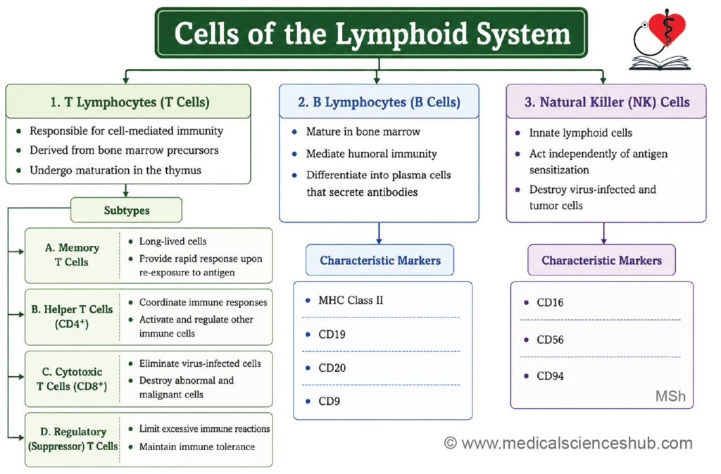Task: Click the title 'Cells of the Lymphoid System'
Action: coord(372,34)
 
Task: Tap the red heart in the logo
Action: coord(667,27)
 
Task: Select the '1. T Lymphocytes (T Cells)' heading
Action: coord(130,102)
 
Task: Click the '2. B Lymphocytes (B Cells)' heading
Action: coord(379,102)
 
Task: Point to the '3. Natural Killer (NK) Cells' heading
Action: coord(607,102)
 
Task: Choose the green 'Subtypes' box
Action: coord(127,210)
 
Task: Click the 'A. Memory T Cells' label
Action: coord(72,255)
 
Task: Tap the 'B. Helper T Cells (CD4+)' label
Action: coord(72,316)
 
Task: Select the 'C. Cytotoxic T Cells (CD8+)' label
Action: coord(72,379)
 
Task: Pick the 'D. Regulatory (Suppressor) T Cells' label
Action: coord(73,439)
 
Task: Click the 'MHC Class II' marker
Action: coord(351,300)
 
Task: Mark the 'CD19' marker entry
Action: coord(332,335)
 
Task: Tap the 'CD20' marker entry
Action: coord(332,368)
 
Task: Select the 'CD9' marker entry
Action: coord(330,401)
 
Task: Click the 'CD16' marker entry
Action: coord(550,303)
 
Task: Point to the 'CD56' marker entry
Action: coord(550,339)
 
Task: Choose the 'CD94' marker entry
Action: coord(550,376)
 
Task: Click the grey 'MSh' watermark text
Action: coord(670,397)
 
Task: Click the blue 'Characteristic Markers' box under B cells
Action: coord(380,260)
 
